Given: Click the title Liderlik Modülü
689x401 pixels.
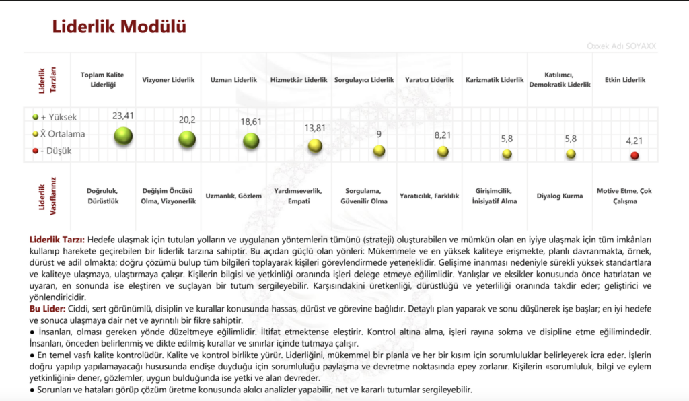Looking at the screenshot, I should (119, 27).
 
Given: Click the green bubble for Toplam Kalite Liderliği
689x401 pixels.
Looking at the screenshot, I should (123, 137).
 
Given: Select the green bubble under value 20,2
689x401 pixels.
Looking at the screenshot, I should (187, 139).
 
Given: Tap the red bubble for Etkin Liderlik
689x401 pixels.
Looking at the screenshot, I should (634, 155).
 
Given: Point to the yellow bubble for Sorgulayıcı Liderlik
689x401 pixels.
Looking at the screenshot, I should (379, 150).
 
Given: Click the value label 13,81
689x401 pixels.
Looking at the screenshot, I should (315, 128).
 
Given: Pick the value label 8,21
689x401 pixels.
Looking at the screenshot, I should (443, 135).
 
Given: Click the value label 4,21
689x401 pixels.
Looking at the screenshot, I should (634, 141).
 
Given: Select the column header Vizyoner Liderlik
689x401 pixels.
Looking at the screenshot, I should (168, 80).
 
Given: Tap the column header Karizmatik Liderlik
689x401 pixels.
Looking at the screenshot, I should (495, 80).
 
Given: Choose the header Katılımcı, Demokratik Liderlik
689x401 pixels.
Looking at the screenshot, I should (560, 80).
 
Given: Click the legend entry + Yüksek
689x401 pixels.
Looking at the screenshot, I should (55, 117).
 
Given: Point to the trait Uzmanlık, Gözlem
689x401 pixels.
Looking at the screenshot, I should (233, 196).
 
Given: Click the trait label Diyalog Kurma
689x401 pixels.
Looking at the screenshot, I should (559, 196).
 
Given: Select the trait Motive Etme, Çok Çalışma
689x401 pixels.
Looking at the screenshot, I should (624, 196).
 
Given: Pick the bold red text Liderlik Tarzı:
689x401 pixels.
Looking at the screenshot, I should (57, 240).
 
